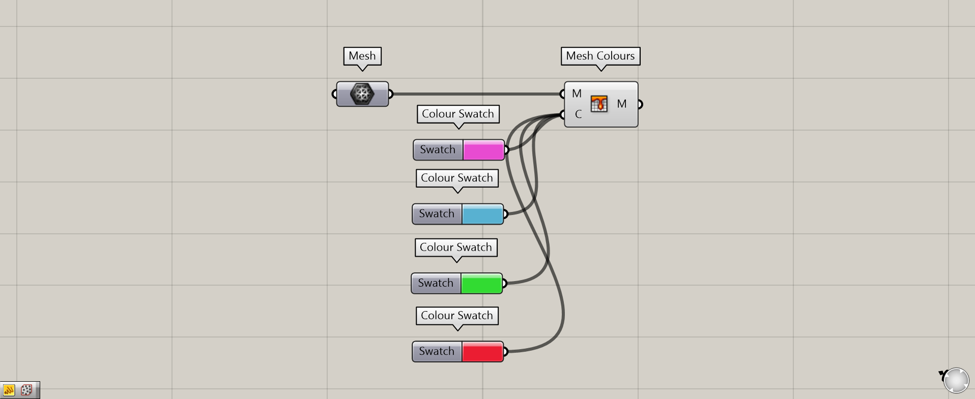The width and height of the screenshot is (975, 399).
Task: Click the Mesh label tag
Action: pyautogui.click(x=362, y=56)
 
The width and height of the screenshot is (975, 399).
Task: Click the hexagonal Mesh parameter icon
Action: pyautogui.click(x=362, y=94)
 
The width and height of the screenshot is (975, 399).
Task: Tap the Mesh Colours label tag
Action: pyautogui.click(x=600, y=56)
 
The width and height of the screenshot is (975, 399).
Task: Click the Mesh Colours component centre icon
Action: pyautogui.click(x=599, y=104)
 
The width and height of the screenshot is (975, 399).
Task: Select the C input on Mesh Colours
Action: pyautogui.click(x=578, y=114)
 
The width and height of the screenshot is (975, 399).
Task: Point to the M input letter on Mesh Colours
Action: pyautogui.click(x=577, y=94)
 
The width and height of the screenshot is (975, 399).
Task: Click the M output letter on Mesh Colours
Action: pyautogui.click(x=622, y=104)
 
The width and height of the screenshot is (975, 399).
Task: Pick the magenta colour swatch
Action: pyautogui.click(x=483, y=150)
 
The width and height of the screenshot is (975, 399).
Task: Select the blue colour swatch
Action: pyautogui.click(x=482, y=214)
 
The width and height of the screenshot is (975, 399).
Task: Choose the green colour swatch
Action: pyautogui.click(x=481, y=284)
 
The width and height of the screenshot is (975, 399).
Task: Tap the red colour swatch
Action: pyautogui.click(x=482, y=352)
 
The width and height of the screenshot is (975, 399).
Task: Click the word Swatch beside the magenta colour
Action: pyautogui.click(x=438, y=150)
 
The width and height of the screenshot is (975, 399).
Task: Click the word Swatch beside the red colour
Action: pyautogui.click(x=437, y=351)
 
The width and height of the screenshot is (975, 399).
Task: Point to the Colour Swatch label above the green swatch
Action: pyautogui.click(x=456, y=248)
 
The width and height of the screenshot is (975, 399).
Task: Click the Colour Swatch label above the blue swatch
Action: pyautogui.click(x=457, y=178)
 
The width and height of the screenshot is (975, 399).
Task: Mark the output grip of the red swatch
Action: pyautogui.click(x=505, y=351)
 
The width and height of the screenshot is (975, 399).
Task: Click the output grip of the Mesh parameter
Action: pyautogui.click(x=390, y=94)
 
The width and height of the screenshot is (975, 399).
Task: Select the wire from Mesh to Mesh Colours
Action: pyautogui.click(x=476, y=94)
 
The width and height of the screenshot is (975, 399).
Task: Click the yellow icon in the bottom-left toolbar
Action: pyautogui.click(x=9, y=390)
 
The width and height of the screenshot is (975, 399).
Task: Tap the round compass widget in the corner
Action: pyautogui.click(x=956, y=380)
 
